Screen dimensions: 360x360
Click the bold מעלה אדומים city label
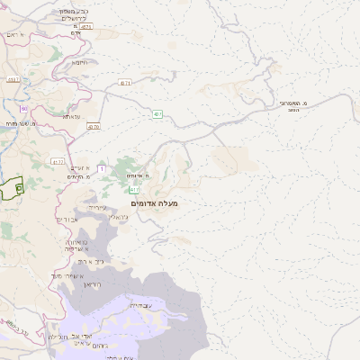(x=155, y=204)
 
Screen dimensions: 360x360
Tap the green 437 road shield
(x=157, y=114)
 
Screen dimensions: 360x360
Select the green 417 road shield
(x=134, y=190)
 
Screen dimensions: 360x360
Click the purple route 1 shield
(x=102, y=168)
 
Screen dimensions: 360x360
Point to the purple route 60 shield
(x=24, y=109)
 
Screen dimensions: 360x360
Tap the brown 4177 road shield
(x=58, y=162)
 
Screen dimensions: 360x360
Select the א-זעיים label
(x=80, y=166)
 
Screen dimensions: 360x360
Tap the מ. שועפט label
(x=17, y=122)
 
